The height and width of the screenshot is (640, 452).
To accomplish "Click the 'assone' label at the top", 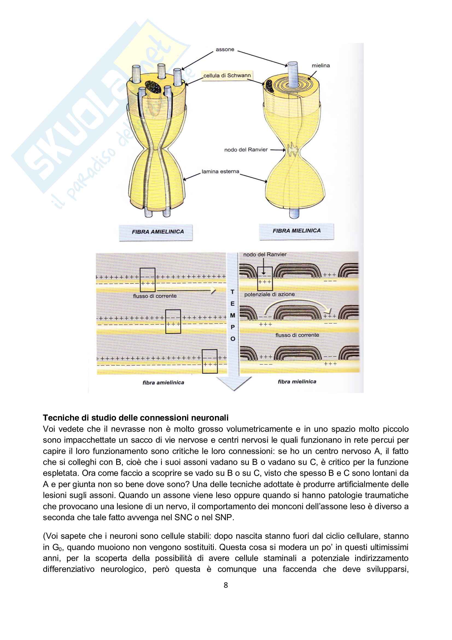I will click(225, 50).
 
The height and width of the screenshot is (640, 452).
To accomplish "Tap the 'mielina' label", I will click(320, 65).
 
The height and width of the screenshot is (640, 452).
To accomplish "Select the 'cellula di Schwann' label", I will click(227, 75).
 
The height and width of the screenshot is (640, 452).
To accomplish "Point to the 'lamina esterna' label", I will click(220, 172).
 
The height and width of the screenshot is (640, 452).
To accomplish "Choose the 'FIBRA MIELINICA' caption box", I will click(296, 231).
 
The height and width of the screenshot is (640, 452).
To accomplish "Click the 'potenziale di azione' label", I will click(269, 294).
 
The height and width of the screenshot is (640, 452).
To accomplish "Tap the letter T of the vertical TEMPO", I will click(232, 292).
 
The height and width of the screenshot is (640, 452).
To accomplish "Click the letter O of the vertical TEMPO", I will click(233, 339).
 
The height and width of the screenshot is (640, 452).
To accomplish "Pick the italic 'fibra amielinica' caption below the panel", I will click(163, 383).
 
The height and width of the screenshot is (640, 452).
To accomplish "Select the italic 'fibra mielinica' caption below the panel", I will click(297, 382).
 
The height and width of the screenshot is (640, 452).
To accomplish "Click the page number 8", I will click(226, 585).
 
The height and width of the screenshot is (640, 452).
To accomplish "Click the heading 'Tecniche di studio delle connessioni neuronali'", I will click(136, 418).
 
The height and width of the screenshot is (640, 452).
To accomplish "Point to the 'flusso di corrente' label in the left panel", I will click(155, 296).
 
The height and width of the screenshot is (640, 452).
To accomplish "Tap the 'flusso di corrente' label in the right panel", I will click(297, 335).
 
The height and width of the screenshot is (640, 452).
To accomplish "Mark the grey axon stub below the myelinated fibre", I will click(294, 213).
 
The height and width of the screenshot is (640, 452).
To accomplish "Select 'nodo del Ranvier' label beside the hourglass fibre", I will click(246, 150).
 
